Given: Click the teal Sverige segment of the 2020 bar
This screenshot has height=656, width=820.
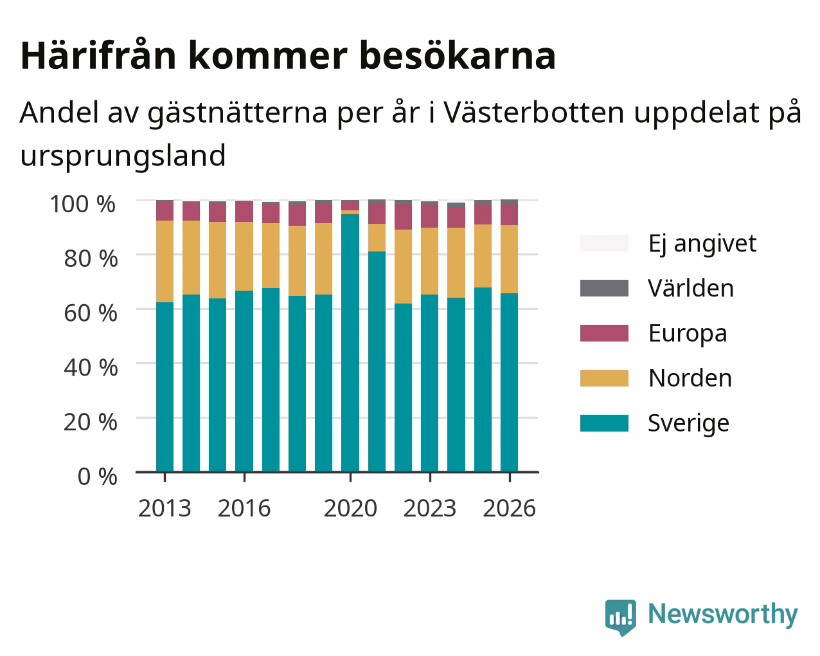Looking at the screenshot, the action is click(x=350, y=343).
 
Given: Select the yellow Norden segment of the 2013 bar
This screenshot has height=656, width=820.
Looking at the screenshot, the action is click(x=165, y=261).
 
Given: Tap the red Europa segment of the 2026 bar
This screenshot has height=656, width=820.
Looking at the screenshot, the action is click(x=509, y=215).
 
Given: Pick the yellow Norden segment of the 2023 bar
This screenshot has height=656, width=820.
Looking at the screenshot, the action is click(x=429, y=261).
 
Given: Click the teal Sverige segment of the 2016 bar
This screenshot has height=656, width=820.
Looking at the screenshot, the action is click(x=244, y=381).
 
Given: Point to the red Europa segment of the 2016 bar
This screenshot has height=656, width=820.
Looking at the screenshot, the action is click(x=244, y=212).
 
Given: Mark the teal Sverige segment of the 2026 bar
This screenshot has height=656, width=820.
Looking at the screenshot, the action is click(x=509, y=383).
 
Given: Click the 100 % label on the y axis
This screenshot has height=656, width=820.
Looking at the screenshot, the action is click(x=83, y=204).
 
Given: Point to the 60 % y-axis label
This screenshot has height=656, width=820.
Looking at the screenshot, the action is click(x=91, y=313).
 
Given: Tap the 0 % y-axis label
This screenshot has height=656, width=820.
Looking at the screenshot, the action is click(x=97, y=477).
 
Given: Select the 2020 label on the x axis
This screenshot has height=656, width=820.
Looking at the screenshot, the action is click(x=350, y=508).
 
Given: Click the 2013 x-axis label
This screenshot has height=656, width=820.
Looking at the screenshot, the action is click(x=165, y=508).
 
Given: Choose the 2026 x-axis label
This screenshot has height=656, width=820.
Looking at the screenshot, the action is click(x=509, y=508).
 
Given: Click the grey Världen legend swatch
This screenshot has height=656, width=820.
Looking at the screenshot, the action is click(x=604, y=288).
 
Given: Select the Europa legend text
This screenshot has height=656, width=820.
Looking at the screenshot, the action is click(x=688, y=333).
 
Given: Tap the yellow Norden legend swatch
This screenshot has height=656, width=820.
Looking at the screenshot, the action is click(x=604, y=378).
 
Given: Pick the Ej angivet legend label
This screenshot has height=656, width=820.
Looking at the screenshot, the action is click(x=702, y=244).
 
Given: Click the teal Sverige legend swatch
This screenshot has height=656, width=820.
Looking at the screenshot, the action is click(x=604, y=423).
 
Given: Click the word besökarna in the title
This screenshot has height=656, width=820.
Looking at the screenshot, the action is click(x=458, y=56).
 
